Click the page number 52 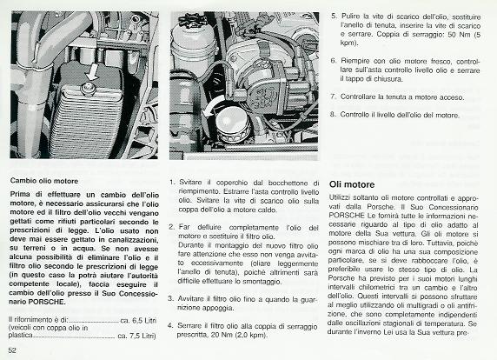(12, 350)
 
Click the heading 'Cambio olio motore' (44, 181)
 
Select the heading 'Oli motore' (352, 184)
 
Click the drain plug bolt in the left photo (88, 88)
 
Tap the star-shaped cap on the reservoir (193, 20)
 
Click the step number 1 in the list (172, 183)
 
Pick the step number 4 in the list (170, 326)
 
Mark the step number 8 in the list (333, 114)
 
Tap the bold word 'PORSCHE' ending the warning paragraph (47, 302)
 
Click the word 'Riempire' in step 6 (355, 61)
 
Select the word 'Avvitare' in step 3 (190, 299)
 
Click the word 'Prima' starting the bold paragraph (20, 194)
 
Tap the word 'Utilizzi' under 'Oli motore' (339, 197)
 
